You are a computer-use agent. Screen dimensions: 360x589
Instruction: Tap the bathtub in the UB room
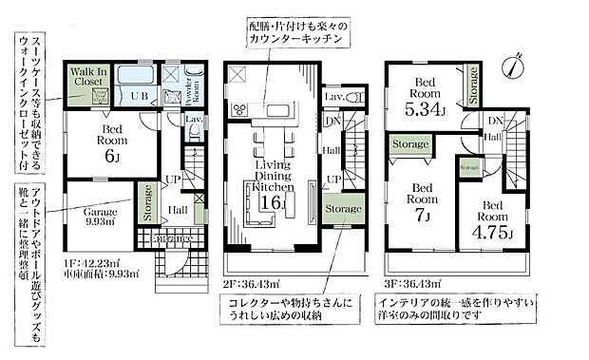[138, 76]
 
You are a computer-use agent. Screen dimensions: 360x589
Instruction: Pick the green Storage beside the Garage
[149, 203]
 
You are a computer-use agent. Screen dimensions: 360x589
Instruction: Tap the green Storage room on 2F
[342, 209]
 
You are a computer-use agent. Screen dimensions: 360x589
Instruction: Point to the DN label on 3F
[494, 122]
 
